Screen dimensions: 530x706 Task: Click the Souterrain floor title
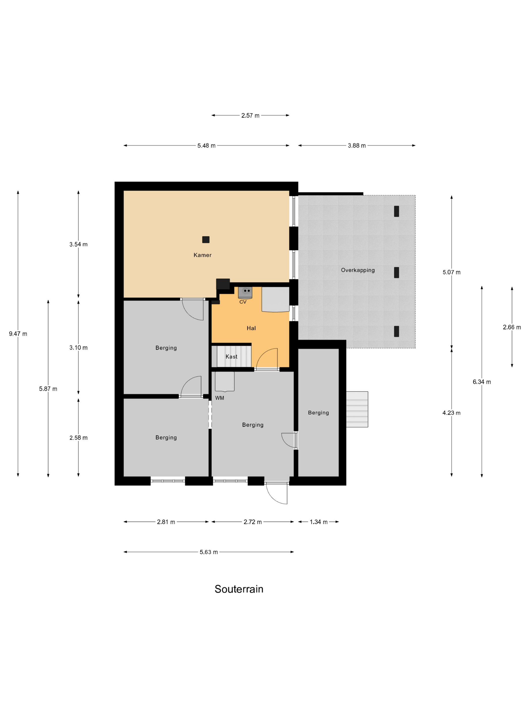click(239, 589)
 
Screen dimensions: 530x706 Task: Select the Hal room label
click(251, 328)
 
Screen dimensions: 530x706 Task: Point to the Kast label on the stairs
click(231, 357)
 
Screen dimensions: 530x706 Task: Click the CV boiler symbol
click(245, 292)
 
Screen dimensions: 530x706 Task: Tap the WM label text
click(220, 398)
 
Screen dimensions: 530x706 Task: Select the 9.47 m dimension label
click(18, 334)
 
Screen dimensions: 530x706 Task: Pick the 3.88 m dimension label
click(357, 145)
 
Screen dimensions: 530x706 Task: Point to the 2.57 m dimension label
click(250, 115)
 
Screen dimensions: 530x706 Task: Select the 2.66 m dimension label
click(512, 327)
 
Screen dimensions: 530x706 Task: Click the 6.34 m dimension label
click(482, 382)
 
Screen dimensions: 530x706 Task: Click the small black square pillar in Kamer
click(206, 240)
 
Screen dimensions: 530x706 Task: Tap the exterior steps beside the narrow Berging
click(357, 409)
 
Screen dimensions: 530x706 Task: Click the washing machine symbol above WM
click(225, 381)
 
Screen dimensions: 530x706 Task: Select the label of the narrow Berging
click(318, 413)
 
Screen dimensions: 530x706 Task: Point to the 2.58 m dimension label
click(78, 438)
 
